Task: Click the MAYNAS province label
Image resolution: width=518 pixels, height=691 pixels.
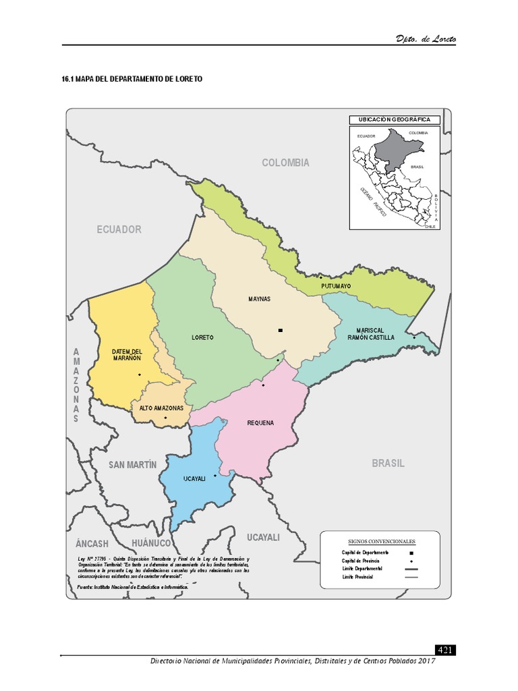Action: coord(259,299)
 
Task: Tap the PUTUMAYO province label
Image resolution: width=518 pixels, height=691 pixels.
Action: coord(336,286)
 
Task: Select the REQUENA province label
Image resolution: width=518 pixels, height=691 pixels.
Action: coord(260,423)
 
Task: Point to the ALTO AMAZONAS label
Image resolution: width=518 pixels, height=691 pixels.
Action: coord(161,408)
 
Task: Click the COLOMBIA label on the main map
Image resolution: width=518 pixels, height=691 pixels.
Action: coord(286,163)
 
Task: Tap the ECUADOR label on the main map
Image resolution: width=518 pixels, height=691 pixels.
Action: coord(119,229)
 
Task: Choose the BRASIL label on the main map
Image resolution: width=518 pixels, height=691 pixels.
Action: coord(388,464)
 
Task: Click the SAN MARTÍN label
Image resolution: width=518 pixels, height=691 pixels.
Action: coord(133,465)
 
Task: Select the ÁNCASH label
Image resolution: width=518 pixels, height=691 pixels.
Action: coord(92,544)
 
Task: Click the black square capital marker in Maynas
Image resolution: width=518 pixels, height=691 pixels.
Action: coord(280,330)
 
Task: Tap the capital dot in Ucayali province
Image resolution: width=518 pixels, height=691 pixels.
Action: coord(215,476)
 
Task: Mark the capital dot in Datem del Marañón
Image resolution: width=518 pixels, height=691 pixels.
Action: coord(140,375)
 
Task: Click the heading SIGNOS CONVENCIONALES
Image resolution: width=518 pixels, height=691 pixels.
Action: coord(382,541)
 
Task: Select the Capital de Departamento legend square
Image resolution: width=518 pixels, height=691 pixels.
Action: coord(411,553)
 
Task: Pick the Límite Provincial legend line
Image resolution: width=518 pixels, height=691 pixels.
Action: coord(411,578)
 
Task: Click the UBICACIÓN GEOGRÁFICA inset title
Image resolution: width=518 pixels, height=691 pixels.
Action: coord(395,120)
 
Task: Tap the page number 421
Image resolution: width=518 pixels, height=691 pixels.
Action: coord(445,651)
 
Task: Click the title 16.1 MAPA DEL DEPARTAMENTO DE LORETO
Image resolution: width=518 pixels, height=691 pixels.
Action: coord(132,79)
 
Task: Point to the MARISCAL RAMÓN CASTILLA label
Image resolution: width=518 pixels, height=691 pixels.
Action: coord(371,333)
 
